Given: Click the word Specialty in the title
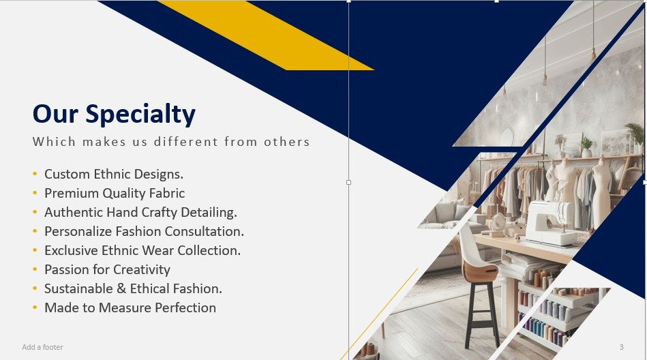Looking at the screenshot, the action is pyautogui.click(x=140, y=115).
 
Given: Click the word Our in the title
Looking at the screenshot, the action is pyautogui.click(x=55, y=114).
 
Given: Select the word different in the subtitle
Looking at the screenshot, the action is pyautogui.click(x=185, y=142).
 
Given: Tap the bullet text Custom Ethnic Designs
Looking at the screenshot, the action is pyautogui.click(x=114, y=175).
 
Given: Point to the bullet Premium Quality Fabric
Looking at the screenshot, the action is pyautogui.click(x=115, y=193).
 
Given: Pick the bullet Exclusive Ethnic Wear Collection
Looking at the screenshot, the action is pyautogui.click(x=142, y=250).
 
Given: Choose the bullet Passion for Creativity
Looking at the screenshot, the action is pyautogui.click(x=107, y=269).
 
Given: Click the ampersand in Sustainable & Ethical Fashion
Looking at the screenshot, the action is pyautogui.click(x=121, y=288).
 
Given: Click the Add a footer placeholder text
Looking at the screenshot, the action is pyautogui.click(x=42, y=347).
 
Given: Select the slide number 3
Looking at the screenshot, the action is pyautogui.click(x=621, y=347).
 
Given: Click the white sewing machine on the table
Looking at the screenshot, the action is pyautogui.click(x=550, y=223).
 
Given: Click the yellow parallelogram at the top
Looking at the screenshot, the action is pyautogui.click(x=266, y=35).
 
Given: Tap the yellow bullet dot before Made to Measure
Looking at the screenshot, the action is pyautogui.click(x=35, y=307).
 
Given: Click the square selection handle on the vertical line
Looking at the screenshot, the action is pyautogui.click(x=348, y=182).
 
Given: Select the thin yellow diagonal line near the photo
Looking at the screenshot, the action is pyautogui.click(x=379, y=314).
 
